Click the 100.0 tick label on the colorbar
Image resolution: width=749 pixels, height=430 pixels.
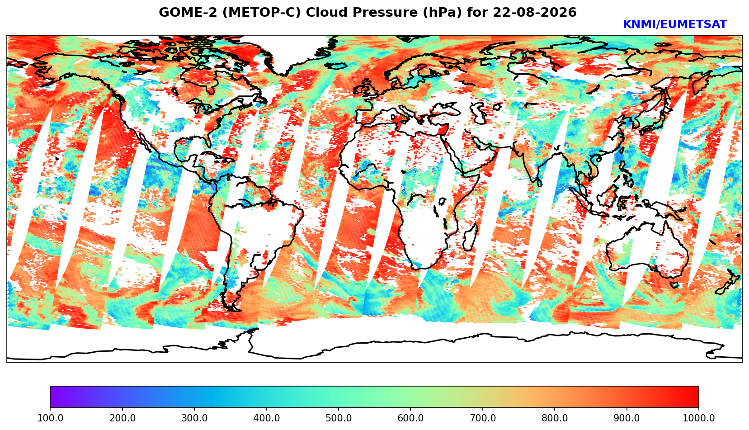point(50,418)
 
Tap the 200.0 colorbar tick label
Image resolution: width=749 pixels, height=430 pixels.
point(122,418)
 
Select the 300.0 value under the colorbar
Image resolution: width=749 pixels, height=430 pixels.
point(194,418)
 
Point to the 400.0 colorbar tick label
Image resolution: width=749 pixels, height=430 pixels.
point(266,418)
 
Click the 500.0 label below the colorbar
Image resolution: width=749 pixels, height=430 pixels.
point(339,418)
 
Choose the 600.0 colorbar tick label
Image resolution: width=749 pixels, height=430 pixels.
point(410,418)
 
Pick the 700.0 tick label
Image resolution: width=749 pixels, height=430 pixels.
point(482,418)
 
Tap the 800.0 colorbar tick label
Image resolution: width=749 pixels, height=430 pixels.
point(554,418)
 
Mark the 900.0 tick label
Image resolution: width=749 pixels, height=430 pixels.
point(627,418)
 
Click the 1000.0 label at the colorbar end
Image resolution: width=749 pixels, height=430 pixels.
point(698,418)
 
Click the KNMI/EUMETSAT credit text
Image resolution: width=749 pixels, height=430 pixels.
point(675,24)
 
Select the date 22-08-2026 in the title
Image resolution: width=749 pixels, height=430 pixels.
point(535,12)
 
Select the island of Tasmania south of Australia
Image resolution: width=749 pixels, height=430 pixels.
point(675,285)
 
